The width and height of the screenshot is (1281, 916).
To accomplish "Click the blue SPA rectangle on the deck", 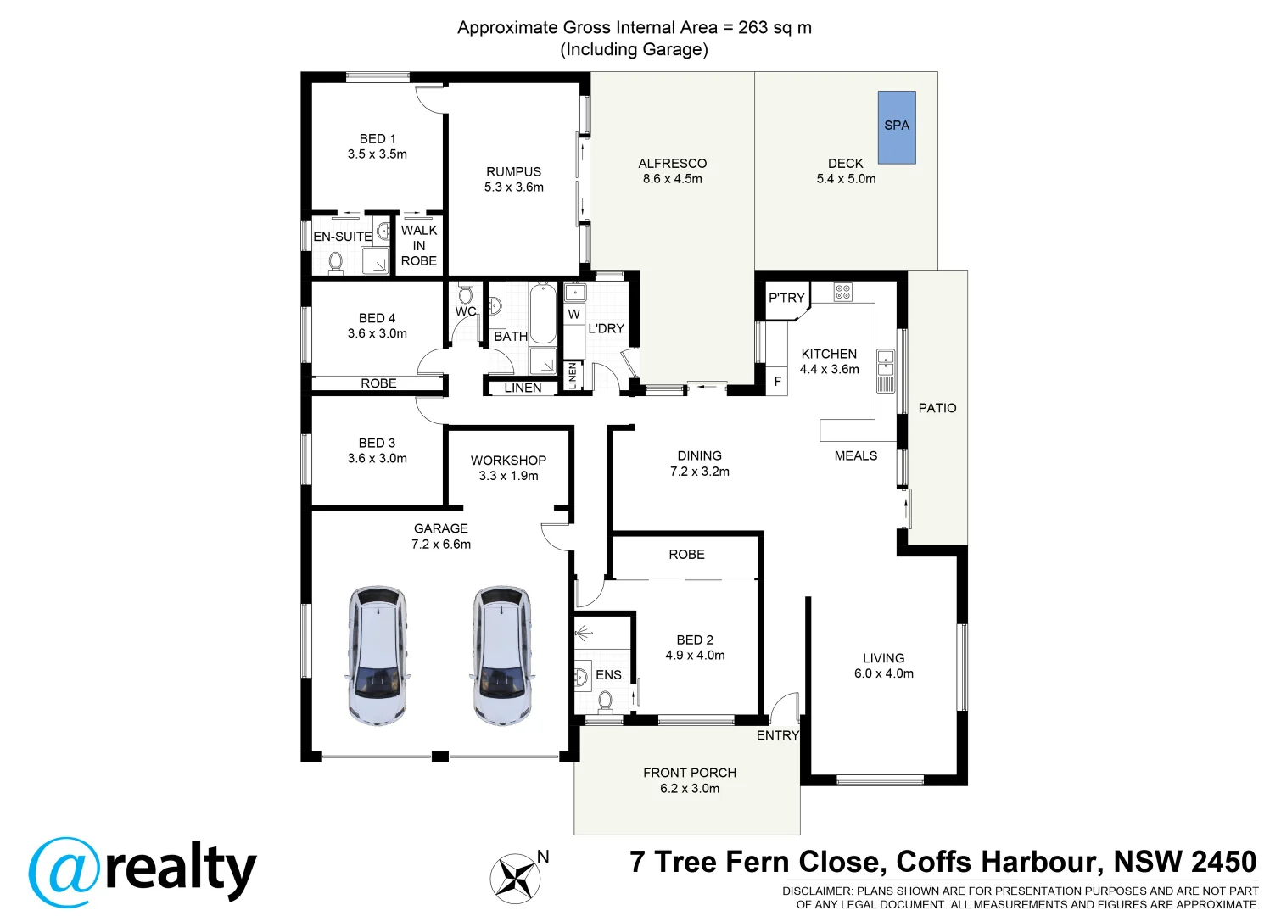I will pos(897,127).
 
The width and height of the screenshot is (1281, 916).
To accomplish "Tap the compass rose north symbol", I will pos(515,877).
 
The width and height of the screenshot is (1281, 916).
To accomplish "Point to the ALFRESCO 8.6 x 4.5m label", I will pos(672,171).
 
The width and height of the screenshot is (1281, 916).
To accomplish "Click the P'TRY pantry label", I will pos(786,298).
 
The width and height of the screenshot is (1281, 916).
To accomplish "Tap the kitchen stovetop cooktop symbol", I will pos(842,293).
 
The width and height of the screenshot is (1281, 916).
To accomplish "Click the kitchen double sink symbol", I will pos(885,371).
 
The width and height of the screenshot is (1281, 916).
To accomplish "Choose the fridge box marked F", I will pos(777,382).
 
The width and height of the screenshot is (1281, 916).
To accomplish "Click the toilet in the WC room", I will pos(465,294).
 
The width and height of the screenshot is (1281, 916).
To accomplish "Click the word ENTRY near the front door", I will pos(777,735).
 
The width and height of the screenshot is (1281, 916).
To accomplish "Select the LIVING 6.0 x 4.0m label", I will pos(883,666).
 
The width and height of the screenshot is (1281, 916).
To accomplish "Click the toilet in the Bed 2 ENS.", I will pos(605,701).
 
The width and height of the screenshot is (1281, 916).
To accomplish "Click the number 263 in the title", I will pos(752,27).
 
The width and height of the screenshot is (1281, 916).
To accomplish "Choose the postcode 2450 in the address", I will pos(1222,862).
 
